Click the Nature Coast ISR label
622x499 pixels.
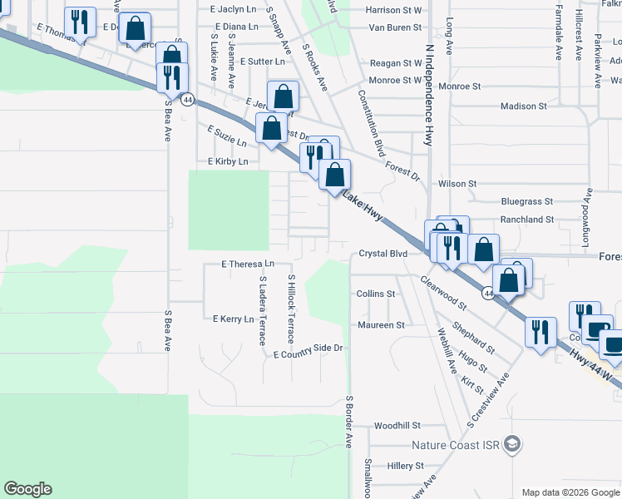point(462,445)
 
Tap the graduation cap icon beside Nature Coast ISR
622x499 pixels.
point(516,444)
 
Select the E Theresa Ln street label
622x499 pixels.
point(248,264)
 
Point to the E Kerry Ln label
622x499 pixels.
point(234,319)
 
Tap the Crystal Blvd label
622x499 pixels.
point(383,254)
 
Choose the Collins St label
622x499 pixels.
point(375,294)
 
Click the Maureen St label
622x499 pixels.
point(380,325)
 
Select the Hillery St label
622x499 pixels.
point(406,467)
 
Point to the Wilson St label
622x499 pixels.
point(457,183)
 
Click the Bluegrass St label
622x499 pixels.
point(526,201)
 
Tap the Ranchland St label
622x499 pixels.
point(526,220)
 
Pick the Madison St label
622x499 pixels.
point(523,106)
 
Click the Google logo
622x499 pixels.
point(27,489)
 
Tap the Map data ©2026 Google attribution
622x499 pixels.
point(570,492)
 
